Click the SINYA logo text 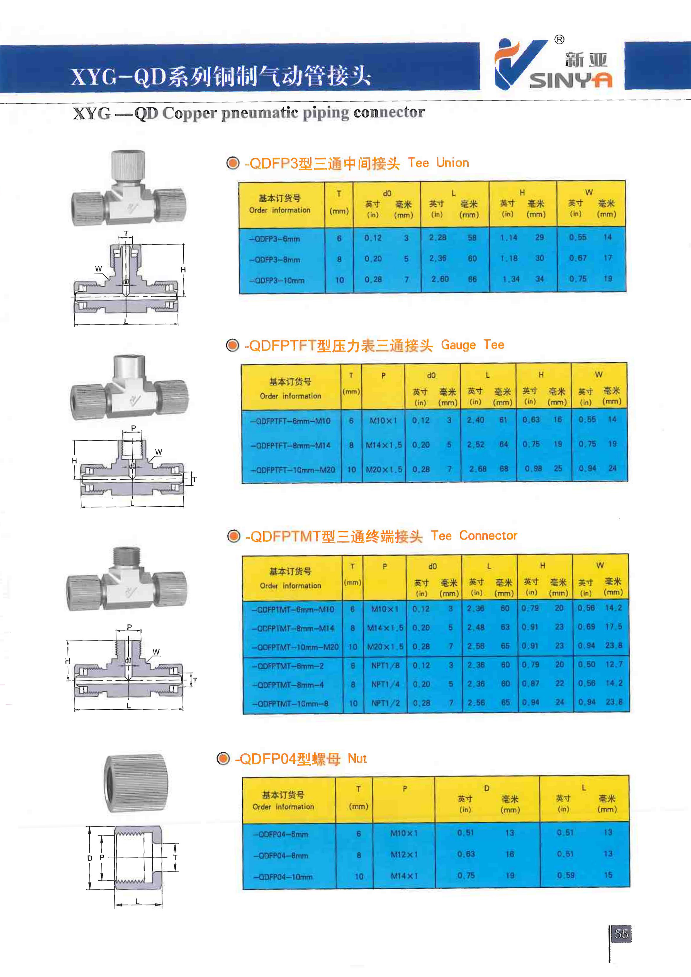pyautogui.click(x=571, y=80)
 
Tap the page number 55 pyautogui.click(x=621, y=934)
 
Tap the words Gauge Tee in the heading pyautogui.click(x=472, y=345)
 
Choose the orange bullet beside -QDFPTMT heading pyautogui.click(x=233, y=536)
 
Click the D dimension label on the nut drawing pyautogui.click(x=90, y=858)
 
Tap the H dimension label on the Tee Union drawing pyautogui.click(x=183, y=270)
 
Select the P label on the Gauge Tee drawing pyautogui.click(x=133, y=428)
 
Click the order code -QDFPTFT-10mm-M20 pyautogui.click(x=293, y=470)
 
